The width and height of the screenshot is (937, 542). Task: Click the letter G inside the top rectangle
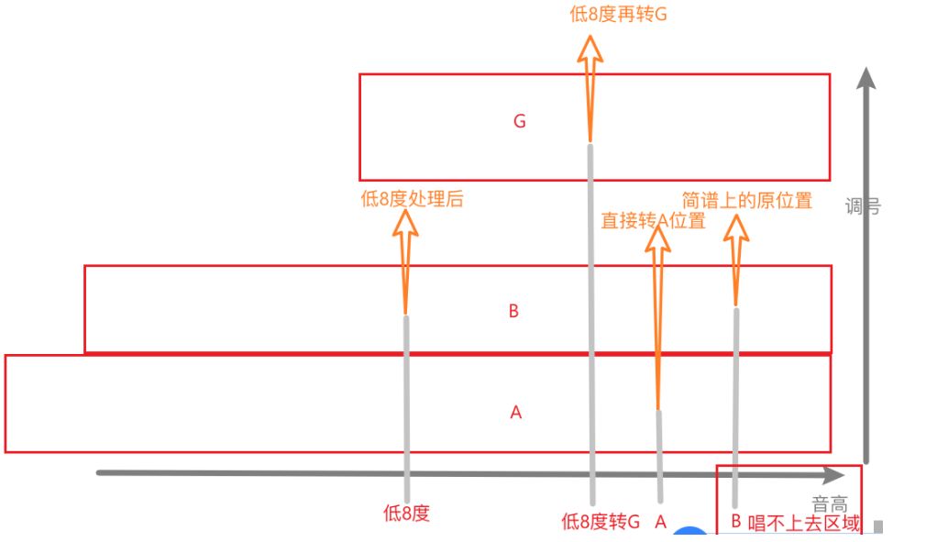coord(520,121)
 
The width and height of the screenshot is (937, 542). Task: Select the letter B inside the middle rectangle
coord(513,312)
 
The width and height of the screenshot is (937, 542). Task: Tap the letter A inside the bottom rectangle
coord(515,413)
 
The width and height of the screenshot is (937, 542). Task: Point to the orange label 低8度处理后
coord(413,199)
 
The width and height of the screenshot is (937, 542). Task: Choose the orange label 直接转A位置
coord(653,220)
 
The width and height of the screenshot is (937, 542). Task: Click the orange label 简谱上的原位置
coord(747,201)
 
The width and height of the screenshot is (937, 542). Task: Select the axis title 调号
coord(863,206)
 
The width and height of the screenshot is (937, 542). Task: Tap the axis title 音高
coord(830,503)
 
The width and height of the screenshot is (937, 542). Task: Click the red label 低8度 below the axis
coord(406,514)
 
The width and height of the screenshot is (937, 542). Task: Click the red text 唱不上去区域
coord(805,523)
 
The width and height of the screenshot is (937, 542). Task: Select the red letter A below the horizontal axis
coord(660,523)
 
